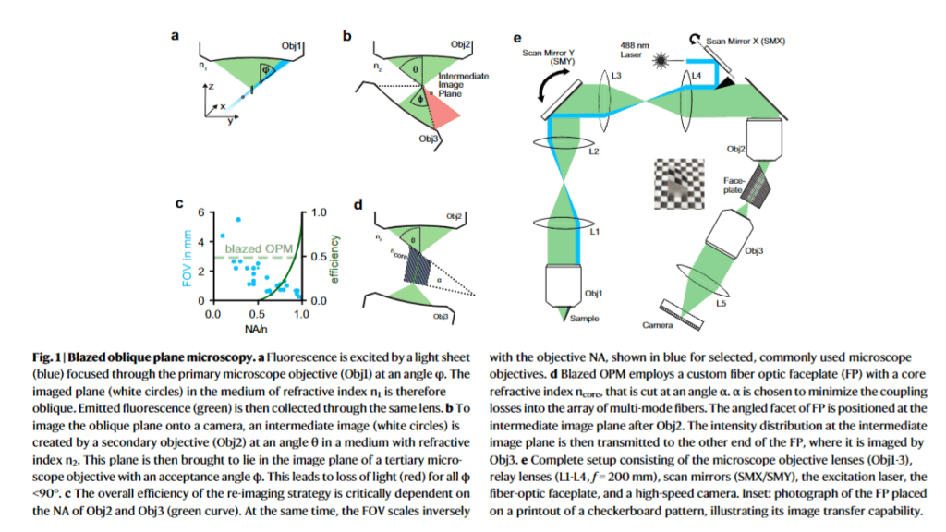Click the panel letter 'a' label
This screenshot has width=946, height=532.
click(174, 37)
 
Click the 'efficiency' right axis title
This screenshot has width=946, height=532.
click(334, 258)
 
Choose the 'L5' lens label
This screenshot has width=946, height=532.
click(727, 302)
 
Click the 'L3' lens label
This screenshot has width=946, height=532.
click(615, 73)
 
